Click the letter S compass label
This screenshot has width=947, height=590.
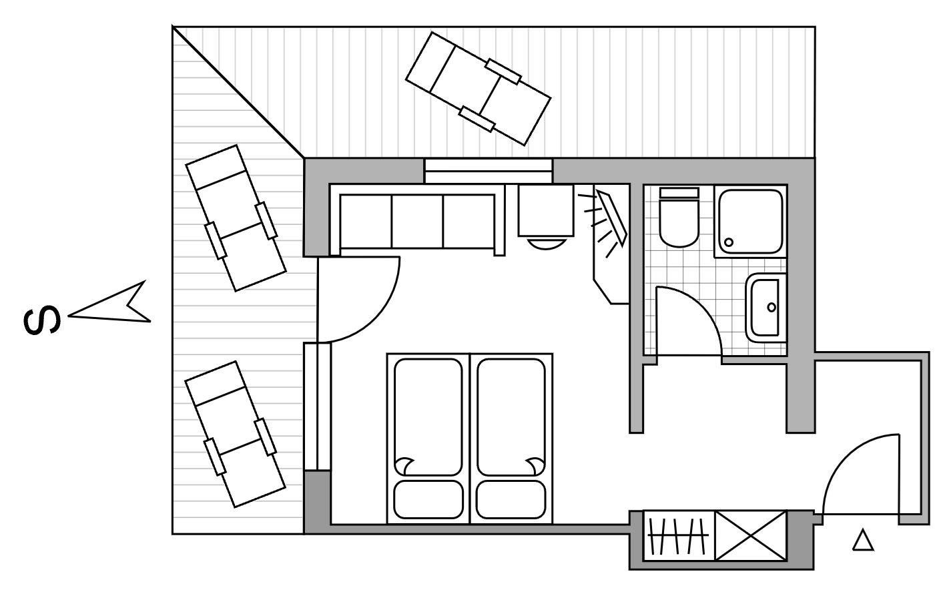click(41, 320)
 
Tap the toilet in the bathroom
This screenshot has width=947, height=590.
click(679, 218)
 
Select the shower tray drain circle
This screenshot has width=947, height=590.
click(728, 242)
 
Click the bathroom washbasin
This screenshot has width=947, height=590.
click(765, 308)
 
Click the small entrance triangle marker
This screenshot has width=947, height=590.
click(862, 541)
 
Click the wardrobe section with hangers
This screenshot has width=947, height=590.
click(679, 536)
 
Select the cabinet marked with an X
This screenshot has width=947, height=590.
click(750, 536)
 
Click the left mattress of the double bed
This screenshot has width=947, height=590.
click(428, 417)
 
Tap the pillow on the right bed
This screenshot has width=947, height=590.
click(511, 499)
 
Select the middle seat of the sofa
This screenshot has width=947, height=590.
click(417, 221)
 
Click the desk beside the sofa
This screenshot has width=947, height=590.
click(546, 210)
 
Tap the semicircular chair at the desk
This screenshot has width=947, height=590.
click(546, 244)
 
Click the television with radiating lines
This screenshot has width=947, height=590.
click(611, 218)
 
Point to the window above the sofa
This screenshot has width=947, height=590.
click(489, 171)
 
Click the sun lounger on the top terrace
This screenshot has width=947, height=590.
click(478, 88)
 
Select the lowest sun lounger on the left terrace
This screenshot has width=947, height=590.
click(235, 434)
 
